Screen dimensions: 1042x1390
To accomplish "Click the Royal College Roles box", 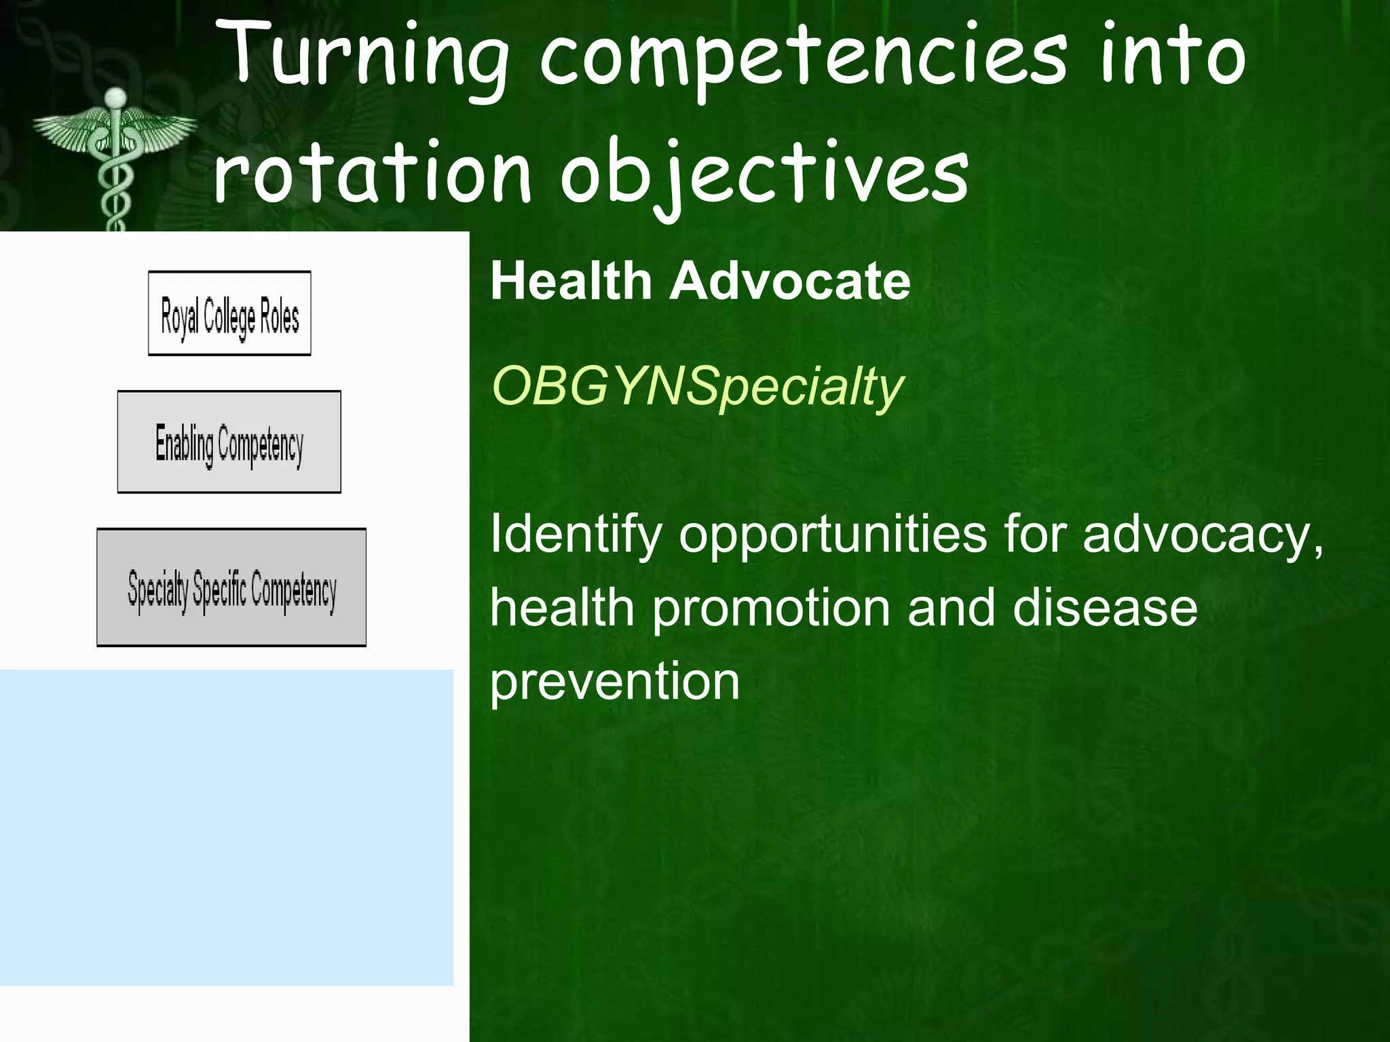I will (229, 313).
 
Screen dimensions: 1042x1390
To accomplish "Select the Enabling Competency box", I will (229, 442).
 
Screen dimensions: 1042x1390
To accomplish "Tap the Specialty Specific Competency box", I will (231, 587).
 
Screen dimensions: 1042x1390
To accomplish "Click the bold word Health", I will (570, 281).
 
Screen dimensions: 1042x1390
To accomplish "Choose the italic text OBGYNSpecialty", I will (697, 387).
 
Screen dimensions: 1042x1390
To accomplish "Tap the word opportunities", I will (833, 534).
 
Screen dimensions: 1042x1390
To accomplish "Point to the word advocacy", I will (1202, 534).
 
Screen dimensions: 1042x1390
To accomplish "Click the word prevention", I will (614, 681).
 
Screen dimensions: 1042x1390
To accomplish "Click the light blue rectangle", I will (226, 827).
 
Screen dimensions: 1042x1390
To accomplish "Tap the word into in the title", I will (1172, 58).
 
